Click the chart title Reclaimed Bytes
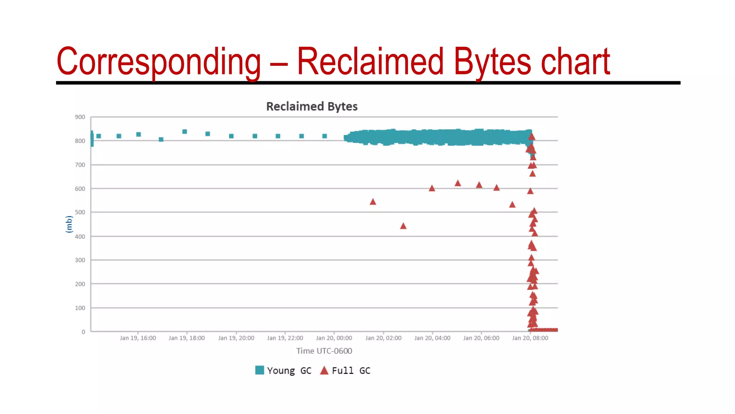pyautogui.click(x=312, y=106)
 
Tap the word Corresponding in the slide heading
pyautogui.click(x=158, y=62)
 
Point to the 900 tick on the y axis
pyautogui.click(x=80, y=117)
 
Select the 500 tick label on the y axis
pyautogui.click(x=80, y=212)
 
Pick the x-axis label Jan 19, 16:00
pyautogui.click(x=138, y=338)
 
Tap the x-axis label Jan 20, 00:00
pyautogui.click(x=334, y=338)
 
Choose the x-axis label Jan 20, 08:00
pyautogui.click(x=530, y=338)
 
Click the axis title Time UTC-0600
pyautogui.click(x=324, y=351)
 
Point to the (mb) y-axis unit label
pyautogui.click(x=69, y=224)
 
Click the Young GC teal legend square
pyautogui.click(x=259, y=370)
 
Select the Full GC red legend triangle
pyautogui.click(x=324, y=371)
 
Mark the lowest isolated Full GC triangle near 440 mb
pyautogui.click(x=403, y=226)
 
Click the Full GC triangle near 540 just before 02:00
pyautogui.click(x=373, y=202)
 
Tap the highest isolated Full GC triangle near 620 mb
pyautogui.click(x=458, y=183)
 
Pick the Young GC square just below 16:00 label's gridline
pyautogui.click(x=139, y=134)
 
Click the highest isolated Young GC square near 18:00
pyautogui.click(x=184, y=132)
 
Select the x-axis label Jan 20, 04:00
pyautogui.click(x=432, y=338)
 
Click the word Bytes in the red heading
pyautogui.click(x=492, y=62)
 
